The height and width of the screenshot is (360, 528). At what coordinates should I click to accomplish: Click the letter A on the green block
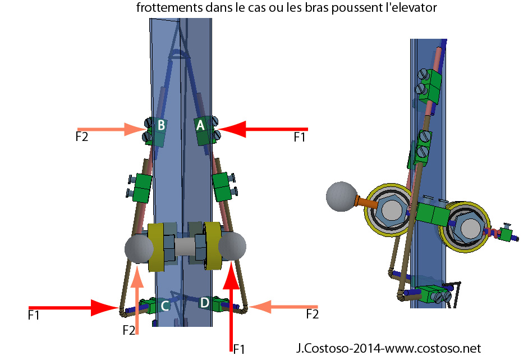[200, 126]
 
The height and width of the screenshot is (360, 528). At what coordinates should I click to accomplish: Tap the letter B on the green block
[160, 126]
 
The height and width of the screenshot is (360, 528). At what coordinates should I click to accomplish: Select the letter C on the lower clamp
[165, 306]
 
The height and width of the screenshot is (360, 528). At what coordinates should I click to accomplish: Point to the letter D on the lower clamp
[204, 303]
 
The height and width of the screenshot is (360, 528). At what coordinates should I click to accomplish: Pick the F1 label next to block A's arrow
[300, 136]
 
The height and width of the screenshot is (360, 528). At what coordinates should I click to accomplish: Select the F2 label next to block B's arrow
[81, 136]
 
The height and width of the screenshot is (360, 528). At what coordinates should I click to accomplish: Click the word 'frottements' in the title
[163, 8]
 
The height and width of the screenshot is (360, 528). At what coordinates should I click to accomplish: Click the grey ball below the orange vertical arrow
[137, 248]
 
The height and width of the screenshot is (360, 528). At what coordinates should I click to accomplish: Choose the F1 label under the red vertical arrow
[239, 349]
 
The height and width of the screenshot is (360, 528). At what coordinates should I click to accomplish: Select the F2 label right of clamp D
[312, 315]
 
